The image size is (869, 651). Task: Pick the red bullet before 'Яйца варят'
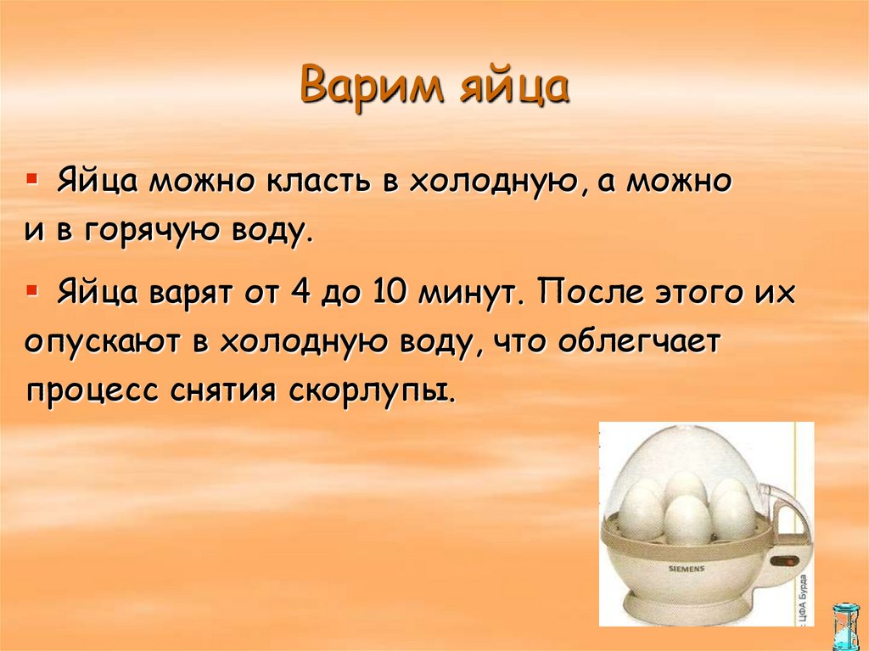(x=31, y=291)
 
